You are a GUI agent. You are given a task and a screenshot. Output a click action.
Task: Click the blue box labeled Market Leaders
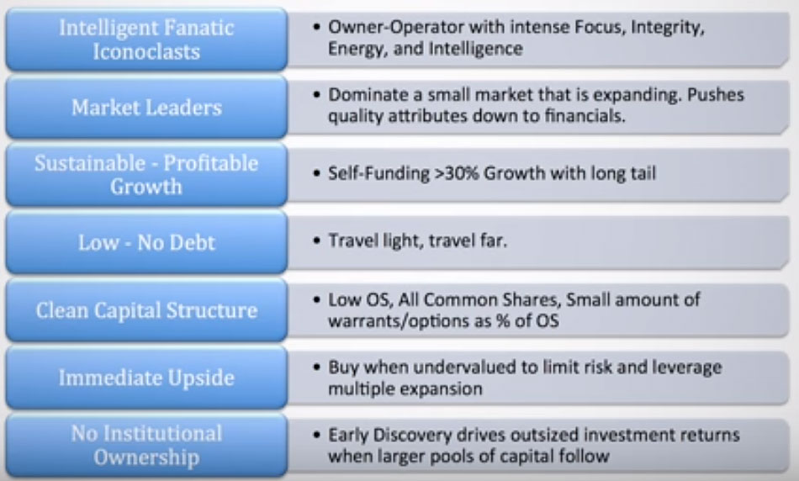click(x=146, y=107)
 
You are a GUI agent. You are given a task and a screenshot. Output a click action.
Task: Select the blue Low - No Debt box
click(x=146, y=242)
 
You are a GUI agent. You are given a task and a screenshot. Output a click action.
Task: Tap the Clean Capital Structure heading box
click(x=146, y=310)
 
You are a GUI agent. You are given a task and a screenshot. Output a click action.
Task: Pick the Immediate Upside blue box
click(x=146, y=378)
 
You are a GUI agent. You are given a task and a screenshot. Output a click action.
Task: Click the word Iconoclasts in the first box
click(x=146, y=52)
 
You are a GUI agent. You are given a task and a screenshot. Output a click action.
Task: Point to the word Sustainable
click(x=90, y=163)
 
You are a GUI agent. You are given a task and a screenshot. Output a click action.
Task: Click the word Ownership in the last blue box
click(x=146, y=457)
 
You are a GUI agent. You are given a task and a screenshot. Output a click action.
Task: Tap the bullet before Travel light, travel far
click(x=317, y=240)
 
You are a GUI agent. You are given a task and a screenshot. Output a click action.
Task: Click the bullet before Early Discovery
click(x=317, y=435)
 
